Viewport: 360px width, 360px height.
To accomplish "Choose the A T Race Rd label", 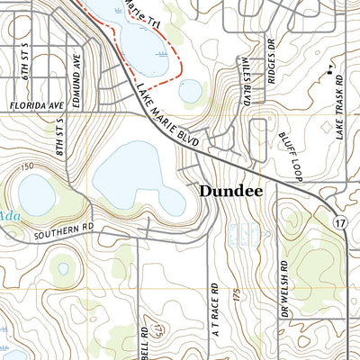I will (214, 289).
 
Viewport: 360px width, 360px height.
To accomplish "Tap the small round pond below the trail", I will (190, 90).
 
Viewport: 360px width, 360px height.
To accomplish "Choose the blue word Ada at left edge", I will (8, 216).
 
